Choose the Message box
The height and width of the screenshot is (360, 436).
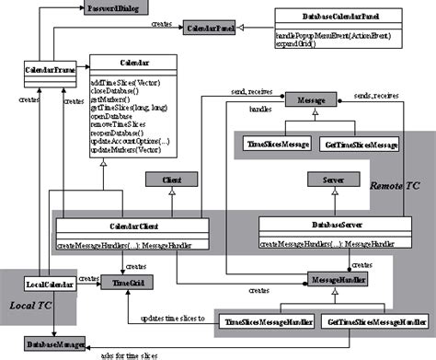[306, 99]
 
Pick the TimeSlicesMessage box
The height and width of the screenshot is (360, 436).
[277, 145]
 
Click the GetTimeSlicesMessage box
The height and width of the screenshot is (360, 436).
[361, 145]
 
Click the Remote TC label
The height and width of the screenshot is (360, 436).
[394, 185]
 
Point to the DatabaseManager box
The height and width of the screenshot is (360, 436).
[53, 344]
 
